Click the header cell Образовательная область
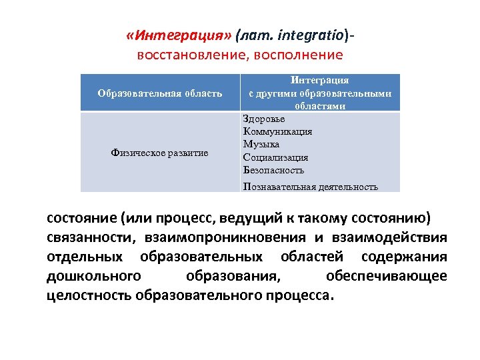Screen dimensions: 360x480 click(160, 93)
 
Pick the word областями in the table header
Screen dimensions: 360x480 click(320, 106)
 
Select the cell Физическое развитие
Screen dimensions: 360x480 click(160, 153)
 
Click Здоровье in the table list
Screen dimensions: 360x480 click(264, 119)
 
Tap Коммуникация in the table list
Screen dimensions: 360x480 click(277, 131)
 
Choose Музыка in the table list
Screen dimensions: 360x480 click(261, 144)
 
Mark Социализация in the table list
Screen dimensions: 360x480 click(275, 157)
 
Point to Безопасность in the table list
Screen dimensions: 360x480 click(273, 170)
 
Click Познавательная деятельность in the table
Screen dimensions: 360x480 click(311, 186)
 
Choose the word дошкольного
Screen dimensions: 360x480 click(94, 276)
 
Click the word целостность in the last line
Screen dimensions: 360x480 click(89, 295)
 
